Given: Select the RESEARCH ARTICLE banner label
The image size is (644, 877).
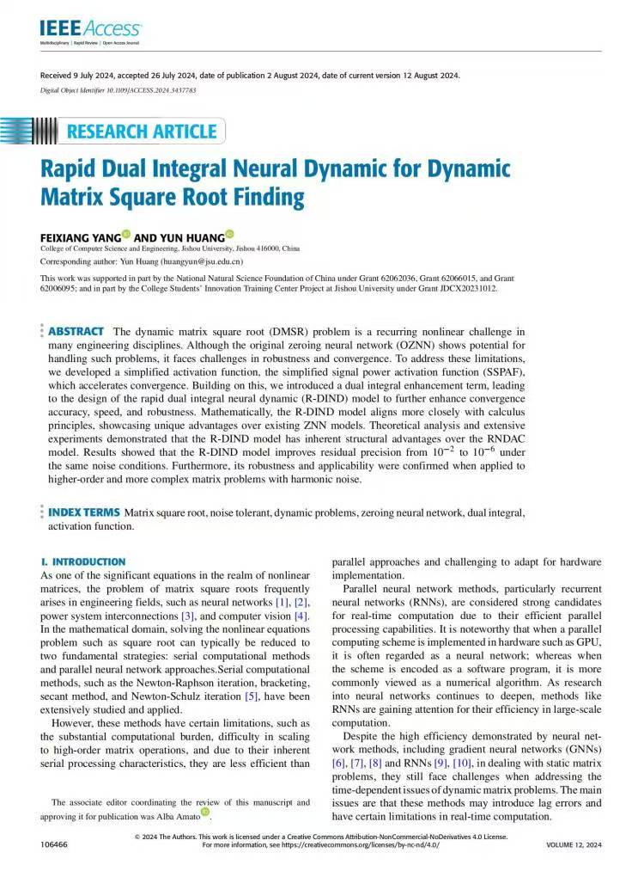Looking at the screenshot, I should [141, 132].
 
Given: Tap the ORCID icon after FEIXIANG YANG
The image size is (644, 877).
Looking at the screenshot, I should [125, 234].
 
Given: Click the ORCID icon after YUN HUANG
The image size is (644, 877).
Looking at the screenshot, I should [229, 234].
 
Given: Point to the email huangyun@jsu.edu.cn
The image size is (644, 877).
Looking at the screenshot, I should [203, 261].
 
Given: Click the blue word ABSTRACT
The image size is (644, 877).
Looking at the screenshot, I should [76, 331].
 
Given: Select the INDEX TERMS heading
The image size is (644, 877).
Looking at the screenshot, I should [83, 512].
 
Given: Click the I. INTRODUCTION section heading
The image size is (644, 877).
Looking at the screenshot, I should [83, 561].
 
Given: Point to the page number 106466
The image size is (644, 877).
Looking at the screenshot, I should [55, 845].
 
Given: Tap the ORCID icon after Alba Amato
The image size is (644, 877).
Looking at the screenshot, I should [205, 812].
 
